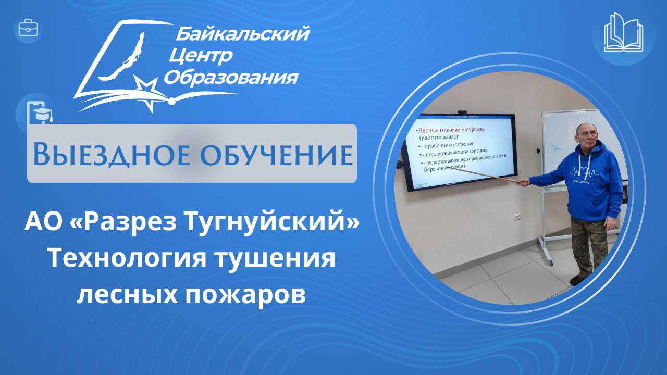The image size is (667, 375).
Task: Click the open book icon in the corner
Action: tap(623, 32)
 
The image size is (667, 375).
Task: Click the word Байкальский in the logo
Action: tap(242, 35)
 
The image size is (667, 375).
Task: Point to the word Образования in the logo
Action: tap(231, 78)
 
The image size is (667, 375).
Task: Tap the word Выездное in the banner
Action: tap(101, 155)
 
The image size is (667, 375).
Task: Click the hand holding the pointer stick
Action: tap(523, 182)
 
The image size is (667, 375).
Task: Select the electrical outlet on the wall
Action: tap(518, 215)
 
